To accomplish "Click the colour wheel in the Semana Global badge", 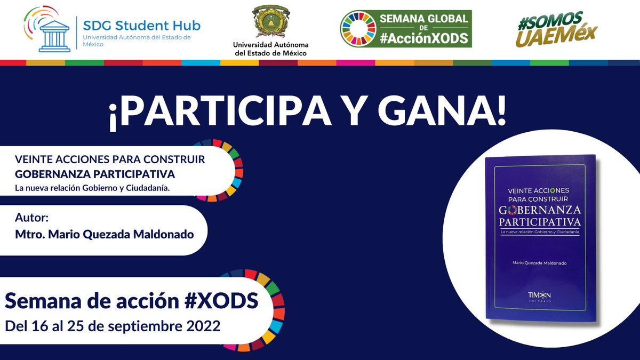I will click(358, 28).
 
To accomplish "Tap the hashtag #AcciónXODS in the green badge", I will click(425, 38).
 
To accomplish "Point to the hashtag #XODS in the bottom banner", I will click(222, 301).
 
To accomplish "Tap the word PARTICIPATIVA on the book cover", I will click(540, 221).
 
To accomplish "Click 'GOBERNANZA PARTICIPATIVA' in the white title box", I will click(95, 174).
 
